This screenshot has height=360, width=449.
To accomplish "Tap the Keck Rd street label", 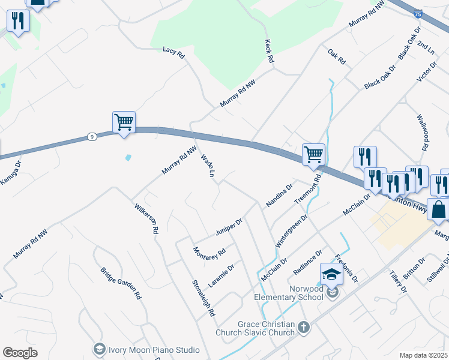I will [269, 52].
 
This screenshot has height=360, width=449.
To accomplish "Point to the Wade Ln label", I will [208, 166].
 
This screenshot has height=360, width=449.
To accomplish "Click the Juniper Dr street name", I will [228, 227].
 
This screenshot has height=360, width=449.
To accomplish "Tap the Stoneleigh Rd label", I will [203, 298].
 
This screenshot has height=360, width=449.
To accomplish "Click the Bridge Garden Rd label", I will [120, 283].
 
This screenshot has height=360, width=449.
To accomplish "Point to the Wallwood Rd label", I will [423, 135].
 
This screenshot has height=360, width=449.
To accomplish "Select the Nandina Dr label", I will [279, 195].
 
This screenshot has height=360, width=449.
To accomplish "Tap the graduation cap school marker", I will [331, 274].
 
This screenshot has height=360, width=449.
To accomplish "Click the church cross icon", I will [304, 327].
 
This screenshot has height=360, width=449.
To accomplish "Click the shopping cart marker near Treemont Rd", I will [313, 154].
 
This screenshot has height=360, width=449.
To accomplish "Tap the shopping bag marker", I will [438, 210].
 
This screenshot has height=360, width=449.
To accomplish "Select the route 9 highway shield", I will [91, 136].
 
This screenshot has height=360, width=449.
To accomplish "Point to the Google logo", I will [20, 353].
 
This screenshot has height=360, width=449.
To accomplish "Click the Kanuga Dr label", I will [11, 170].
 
